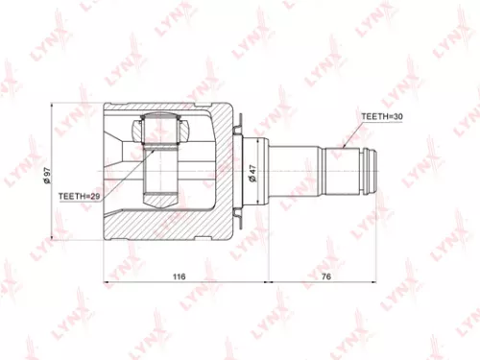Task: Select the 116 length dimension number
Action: (x=179, y=276)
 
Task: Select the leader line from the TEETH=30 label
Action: (x=354, y=132)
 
